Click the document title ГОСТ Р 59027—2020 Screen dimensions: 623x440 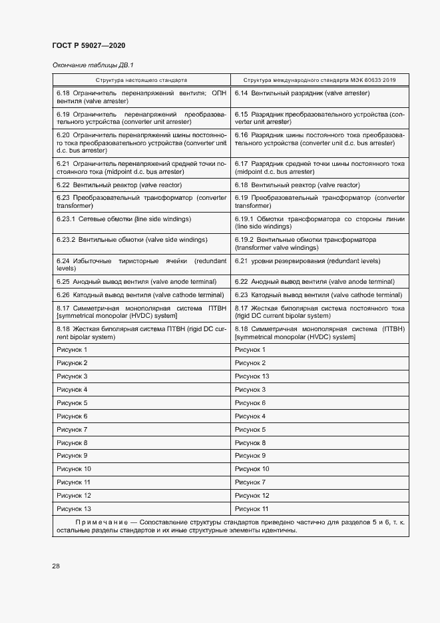click(x=89, y=45)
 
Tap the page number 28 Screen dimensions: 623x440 click(x=57, y=566)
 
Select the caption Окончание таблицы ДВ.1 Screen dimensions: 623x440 click(x=93, y=65)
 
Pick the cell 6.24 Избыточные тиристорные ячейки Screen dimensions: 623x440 click(x=141, y=265)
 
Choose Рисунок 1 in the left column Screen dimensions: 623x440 click(x=72, y=350)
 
